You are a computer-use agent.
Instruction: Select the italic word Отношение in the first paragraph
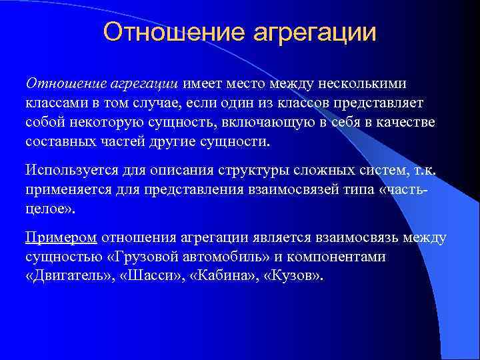(x=57, y=83)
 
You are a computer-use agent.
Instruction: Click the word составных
(x=57, y=143)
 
